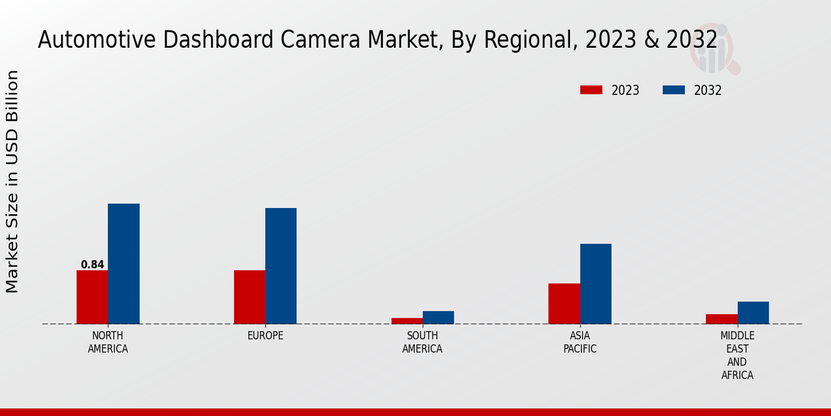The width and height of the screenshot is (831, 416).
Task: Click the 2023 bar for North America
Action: click(x=92, y=297)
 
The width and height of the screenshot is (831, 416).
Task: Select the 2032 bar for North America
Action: click(x=123, y=263)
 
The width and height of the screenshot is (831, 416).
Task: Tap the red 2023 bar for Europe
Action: click(x=249, y=297)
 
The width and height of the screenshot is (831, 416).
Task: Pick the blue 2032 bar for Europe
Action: click(x=280, y=266)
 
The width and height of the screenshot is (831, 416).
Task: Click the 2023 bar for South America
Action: click(x=406, y=321)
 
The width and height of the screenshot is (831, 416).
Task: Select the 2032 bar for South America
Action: click(x=438, y=318)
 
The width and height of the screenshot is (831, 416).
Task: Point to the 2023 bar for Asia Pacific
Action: click(x=564, y=304)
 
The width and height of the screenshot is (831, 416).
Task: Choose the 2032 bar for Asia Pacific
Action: click(x=596, y=284)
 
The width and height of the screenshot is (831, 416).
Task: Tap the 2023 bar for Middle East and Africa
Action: click(x=722, y=319)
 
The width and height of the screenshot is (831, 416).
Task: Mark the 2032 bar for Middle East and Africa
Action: click(x=753, y=313)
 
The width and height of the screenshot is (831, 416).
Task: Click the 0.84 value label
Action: click(x=92, y=265)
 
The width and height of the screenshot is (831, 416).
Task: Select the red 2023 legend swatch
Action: click(x=591, y=90)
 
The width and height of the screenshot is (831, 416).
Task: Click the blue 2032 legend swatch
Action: click(x=674, y=90)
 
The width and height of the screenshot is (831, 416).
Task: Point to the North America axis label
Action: click(x=108, y=343)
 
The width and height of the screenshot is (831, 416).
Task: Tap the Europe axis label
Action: click(x=265, y=336)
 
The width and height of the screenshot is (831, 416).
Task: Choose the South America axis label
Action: click(x=422, y=343)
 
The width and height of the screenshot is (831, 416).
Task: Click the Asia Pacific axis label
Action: click(x=580, y=343)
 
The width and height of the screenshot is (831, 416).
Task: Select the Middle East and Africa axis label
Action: click(x=738, y=356)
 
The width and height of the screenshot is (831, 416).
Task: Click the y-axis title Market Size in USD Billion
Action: click(x=12, y=182)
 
